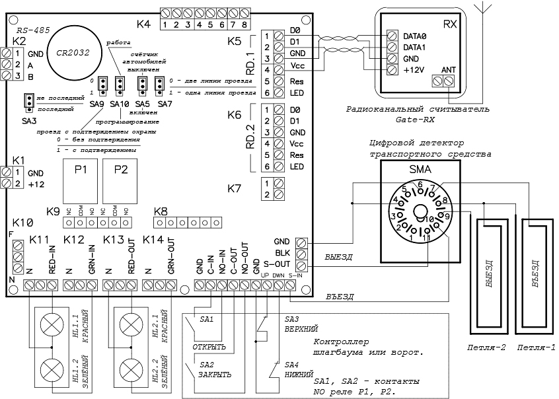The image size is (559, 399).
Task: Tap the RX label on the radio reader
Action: [450, 24]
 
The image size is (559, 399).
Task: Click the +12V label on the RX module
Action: [414, 69]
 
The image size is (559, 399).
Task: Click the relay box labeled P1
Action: [81, 169]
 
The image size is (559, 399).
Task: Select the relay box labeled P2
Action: [121, 169]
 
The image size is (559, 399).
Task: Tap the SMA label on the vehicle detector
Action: [420, 170]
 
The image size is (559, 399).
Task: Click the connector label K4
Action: [144, 24]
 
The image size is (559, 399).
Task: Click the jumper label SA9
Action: [97, 104]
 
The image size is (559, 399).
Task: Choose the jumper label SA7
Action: [165, 104]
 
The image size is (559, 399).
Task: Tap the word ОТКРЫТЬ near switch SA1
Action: [209, 345]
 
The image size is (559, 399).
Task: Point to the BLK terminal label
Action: [280, 254]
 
